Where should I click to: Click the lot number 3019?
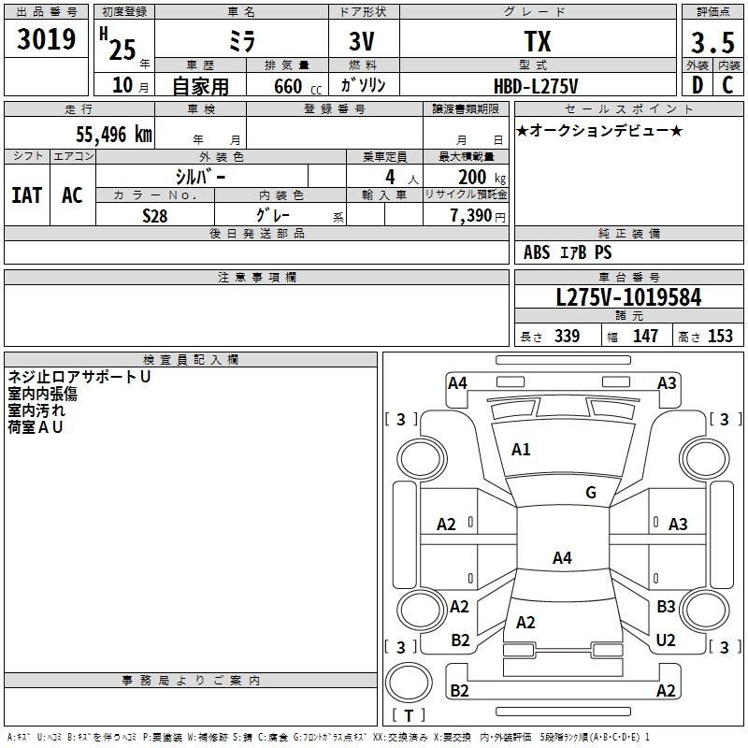46,39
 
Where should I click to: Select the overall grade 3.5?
712,43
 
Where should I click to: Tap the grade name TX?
538,41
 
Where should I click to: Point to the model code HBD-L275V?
536,86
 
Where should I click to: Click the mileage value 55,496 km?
114,135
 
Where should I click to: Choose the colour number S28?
155,216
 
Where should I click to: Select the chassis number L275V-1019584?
628,297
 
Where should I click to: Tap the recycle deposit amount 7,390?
471,216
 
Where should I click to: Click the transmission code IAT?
27,195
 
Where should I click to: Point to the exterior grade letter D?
698,85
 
